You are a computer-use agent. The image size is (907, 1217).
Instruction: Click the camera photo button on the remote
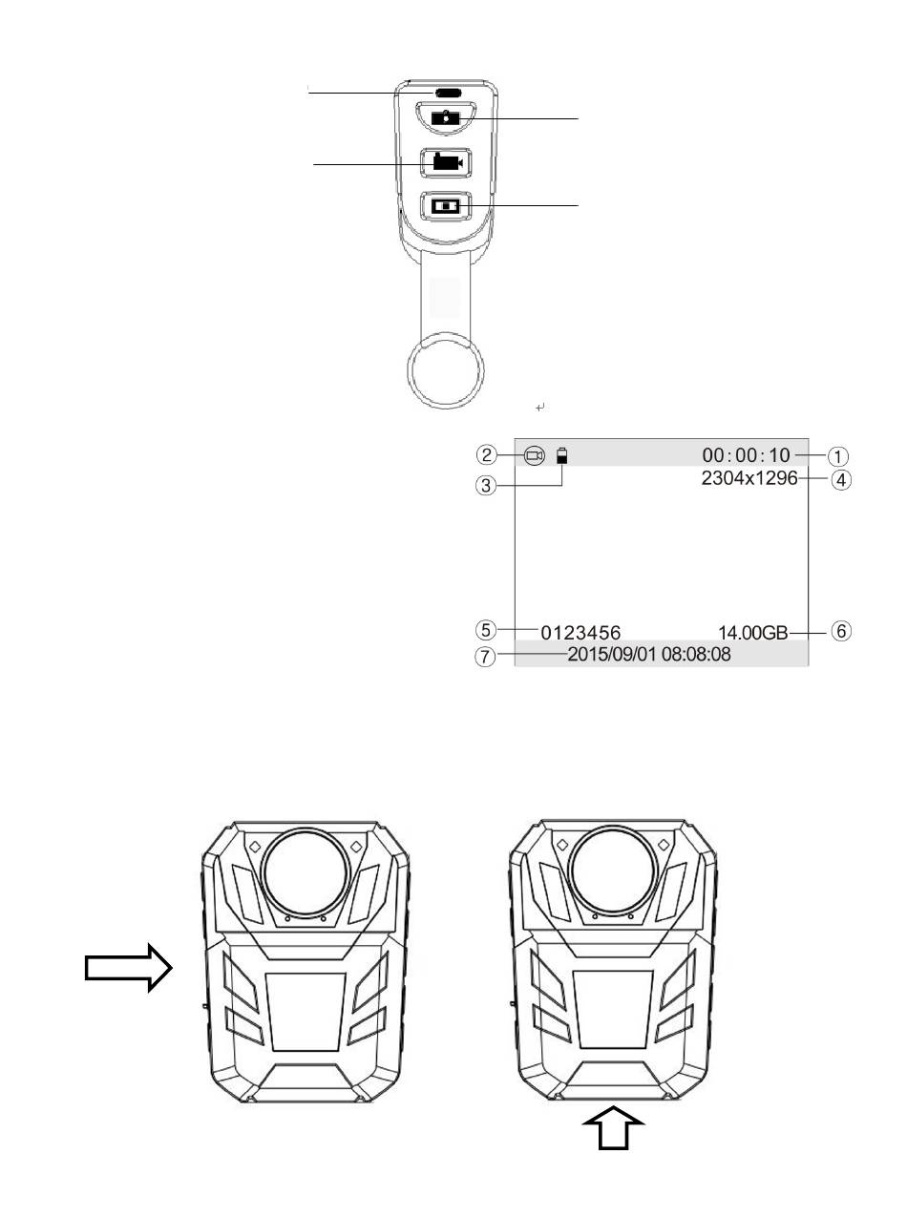(x=445, y=118)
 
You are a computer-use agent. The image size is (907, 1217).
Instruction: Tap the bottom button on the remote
(x=447, y=206)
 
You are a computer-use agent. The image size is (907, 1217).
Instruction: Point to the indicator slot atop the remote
(x=448, y=93)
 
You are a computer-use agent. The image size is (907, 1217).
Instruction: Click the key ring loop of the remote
(x=445, y=371)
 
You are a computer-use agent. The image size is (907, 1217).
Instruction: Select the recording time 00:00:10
(x=746, y=455)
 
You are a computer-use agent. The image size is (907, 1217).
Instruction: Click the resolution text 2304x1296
(x=749, y=478)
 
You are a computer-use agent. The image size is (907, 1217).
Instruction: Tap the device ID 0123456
(x=580, y=633)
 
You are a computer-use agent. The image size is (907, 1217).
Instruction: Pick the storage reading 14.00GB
(x=752, y=633)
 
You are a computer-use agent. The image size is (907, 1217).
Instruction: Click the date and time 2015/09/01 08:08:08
(x=649, y=654)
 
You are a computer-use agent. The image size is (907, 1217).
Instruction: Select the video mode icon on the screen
(x=535, y=456)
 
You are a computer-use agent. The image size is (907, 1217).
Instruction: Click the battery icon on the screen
(x=561, y=456)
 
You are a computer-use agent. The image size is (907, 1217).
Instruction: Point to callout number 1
(x=838, y=456)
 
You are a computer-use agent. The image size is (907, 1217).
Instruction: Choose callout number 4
(x=841, y=480)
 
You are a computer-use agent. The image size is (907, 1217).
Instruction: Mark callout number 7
(x=485, y=657)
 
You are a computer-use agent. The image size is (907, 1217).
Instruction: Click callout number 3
(x=486, y=486)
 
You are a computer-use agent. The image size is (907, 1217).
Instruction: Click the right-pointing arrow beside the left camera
(x=129, y=967)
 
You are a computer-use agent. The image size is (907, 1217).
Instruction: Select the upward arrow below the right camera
(x=613, y=1127)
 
